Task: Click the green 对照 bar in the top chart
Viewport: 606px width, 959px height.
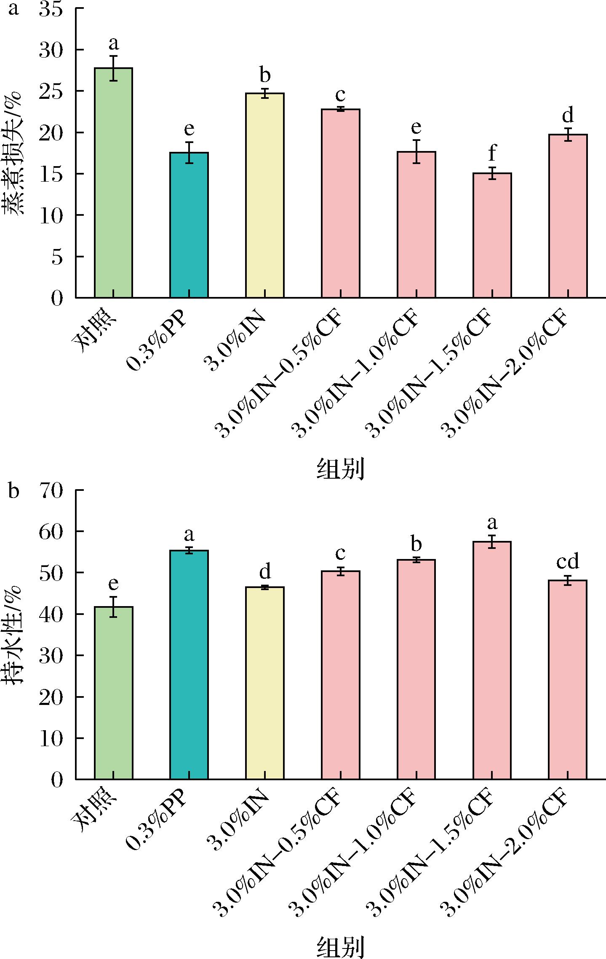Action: tap(113, 183)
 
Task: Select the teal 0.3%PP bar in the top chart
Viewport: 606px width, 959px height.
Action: tap(189, 225)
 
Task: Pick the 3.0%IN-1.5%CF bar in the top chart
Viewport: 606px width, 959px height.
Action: tap(492, 235)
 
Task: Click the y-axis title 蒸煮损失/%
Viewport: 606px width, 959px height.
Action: tap(16, 153)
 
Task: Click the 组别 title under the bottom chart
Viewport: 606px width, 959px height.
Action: tap(340, 947)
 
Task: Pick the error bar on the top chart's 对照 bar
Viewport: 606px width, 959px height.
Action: tap(113, 68)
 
